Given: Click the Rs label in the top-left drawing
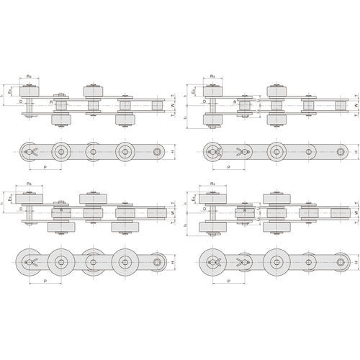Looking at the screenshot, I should coord(28,75).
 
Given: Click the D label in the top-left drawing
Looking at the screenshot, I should coord(22,102).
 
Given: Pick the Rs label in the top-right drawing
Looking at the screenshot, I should coord(213,75).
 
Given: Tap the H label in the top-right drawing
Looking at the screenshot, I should coord(355,152).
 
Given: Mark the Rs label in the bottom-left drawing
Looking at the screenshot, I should coord(28,185).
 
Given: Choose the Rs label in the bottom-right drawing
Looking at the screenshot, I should coord(213,185).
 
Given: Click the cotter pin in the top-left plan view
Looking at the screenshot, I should coord(31,152).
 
